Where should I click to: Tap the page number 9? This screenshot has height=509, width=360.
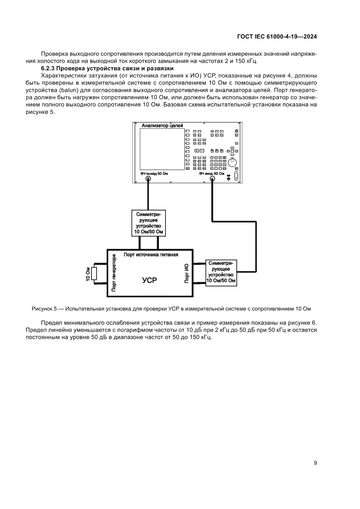(315, 463)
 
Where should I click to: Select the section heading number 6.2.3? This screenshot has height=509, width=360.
(47, 68)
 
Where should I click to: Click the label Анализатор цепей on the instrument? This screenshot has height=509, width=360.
(162, 126)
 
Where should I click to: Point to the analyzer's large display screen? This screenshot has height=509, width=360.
(162, 149)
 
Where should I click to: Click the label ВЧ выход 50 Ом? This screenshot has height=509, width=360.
(154, 173)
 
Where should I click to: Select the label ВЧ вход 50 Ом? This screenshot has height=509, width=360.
(212, 173)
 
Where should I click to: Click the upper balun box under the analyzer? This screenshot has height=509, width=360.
(148, 223)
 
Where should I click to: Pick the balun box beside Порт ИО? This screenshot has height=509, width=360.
(221, 272)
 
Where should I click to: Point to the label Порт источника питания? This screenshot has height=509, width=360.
(150, 254)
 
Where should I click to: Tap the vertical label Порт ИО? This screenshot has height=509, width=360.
(187, 273)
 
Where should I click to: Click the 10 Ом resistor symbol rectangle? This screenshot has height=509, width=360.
(94, 273)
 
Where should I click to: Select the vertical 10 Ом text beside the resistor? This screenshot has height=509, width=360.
(88, 273)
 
